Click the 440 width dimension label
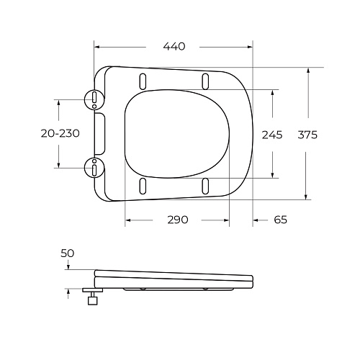[x=174, y=46]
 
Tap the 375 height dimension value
[x=307, y=135]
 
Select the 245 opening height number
[x=272, y=135]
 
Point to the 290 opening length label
[x=178, y=220]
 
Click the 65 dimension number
[x=280, y=220]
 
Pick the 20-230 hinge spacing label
[x=60, y=133]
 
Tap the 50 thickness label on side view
[x=68, y=253]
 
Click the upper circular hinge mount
[x=94, y=99]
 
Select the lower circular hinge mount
[x=94, y=168]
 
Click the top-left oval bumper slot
[x=143, y=81]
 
